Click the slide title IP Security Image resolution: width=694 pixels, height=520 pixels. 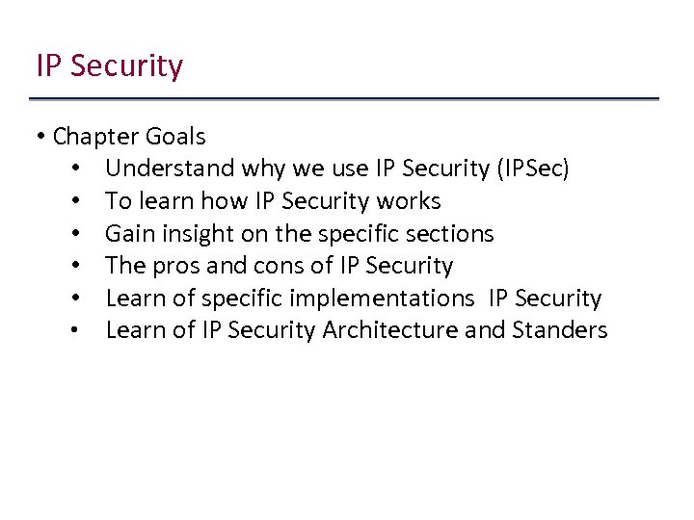(109, 66)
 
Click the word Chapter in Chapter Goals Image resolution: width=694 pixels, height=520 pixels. (94, 137)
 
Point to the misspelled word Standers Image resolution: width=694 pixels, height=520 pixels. (560, 330)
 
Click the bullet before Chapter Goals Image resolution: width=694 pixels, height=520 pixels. (42, 137)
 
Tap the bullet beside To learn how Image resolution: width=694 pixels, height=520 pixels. (74, 201)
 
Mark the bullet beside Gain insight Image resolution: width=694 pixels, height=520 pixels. (74, 234)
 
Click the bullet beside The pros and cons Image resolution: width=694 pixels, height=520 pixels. (74, 266)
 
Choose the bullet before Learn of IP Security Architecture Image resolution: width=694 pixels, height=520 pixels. (74, 330)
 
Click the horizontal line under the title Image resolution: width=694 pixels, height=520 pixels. (344, 98)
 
